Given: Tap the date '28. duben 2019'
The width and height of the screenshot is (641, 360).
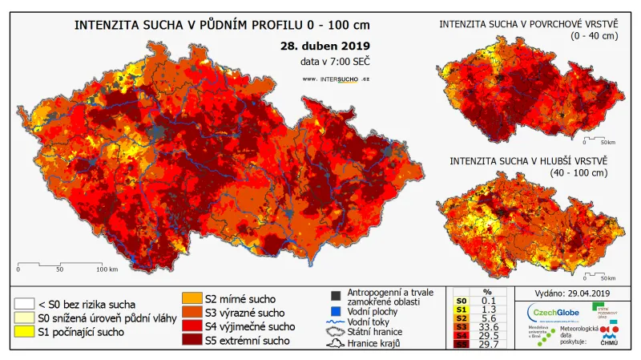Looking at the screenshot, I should pyautogui.click(x=325, y=46).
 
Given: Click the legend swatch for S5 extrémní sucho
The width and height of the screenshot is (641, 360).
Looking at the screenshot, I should pyautogui.click(x=192, y=342).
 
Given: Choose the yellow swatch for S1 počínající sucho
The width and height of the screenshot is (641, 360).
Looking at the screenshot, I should pyautogui.click(x=24, y=333).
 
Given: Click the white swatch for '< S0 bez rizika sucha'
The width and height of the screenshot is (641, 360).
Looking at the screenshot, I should pyautogui.click(x=24, y=304).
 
